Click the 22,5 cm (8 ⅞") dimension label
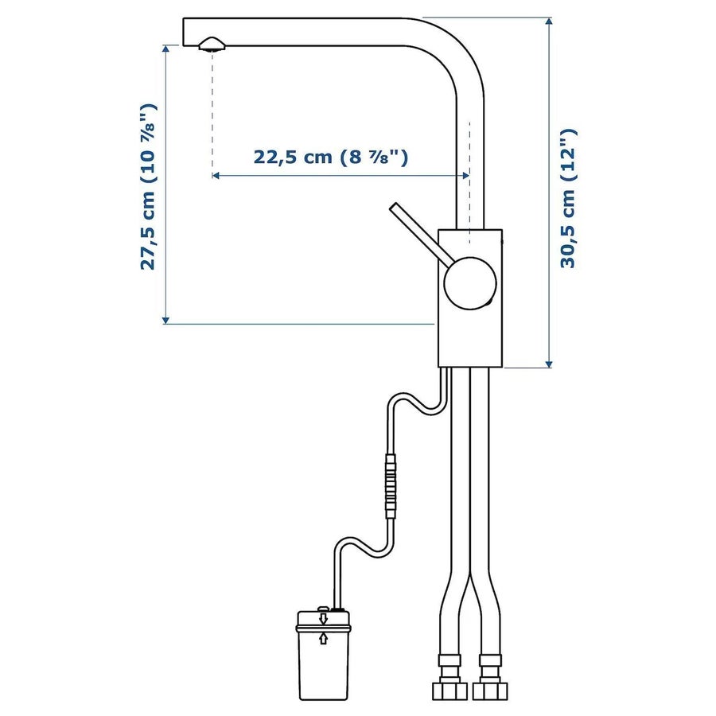coord(331,157)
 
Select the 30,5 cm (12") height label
coord(569,198)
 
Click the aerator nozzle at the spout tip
coord(212,45)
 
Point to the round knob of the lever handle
coord(470,283)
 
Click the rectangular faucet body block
coord(470,298)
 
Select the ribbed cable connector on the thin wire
coord(391,486)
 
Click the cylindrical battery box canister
coord(323,655)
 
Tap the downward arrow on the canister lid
coord(324,619)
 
